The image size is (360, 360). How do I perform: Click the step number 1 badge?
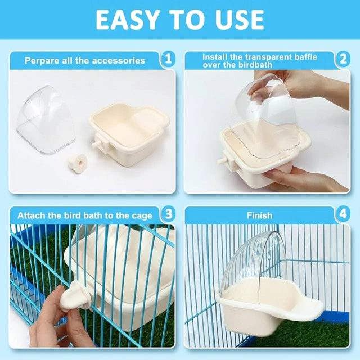click(x=169, y=59)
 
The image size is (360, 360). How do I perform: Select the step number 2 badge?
click(x=343, y=59)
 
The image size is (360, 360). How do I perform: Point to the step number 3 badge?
click(x=169, y=214)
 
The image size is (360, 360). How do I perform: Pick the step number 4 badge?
click(x=343, y=214)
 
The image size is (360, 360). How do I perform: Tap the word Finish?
click(x=260, y=215)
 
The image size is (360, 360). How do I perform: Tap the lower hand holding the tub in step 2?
click(x=305, y=179)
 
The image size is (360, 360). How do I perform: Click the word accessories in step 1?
click(x=119, y=61)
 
